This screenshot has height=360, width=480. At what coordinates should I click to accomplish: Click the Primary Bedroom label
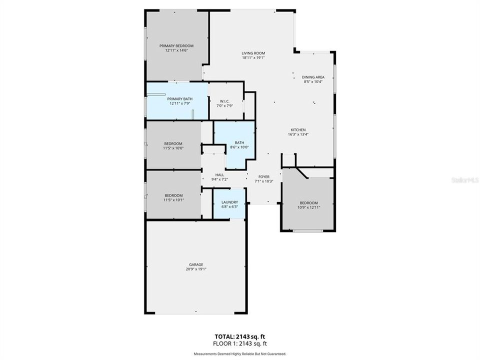tap(176, 45)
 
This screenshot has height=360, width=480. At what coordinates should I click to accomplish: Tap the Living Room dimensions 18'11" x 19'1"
tap(253, 57)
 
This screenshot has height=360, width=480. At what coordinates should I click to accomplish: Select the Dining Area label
tap(313, 77)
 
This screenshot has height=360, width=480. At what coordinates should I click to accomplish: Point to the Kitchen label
tap(298, 129)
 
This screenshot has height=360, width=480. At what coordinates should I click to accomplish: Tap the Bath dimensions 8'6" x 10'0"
tap(239, 147)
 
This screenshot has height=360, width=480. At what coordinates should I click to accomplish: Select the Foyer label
tap(263, 176)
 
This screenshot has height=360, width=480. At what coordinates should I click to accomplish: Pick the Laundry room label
tap(229, 202)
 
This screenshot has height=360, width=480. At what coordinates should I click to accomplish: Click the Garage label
tap(195, 264)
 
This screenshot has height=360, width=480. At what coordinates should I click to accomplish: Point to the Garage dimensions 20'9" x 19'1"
tap(195, 269)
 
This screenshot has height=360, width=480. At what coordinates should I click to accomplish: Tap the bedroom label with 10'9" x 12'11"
tap(308, 202)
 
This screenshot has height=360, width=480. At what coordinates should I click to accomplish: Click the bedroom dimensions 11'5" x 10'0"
tap(173, 148)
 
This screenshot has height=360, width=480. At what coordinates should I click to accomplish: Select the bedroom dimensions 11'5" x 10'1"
tap(173, 200)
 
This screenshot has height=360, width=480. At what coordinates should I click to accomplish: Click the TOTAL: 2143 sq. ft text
tap(239, 336)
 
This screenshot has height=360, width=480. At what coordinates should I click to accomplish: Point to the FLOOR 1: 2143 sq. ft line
tap(239, 343)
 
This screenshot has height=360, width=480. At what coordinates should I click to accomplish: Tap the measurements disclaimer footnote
tap(239, 354)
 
